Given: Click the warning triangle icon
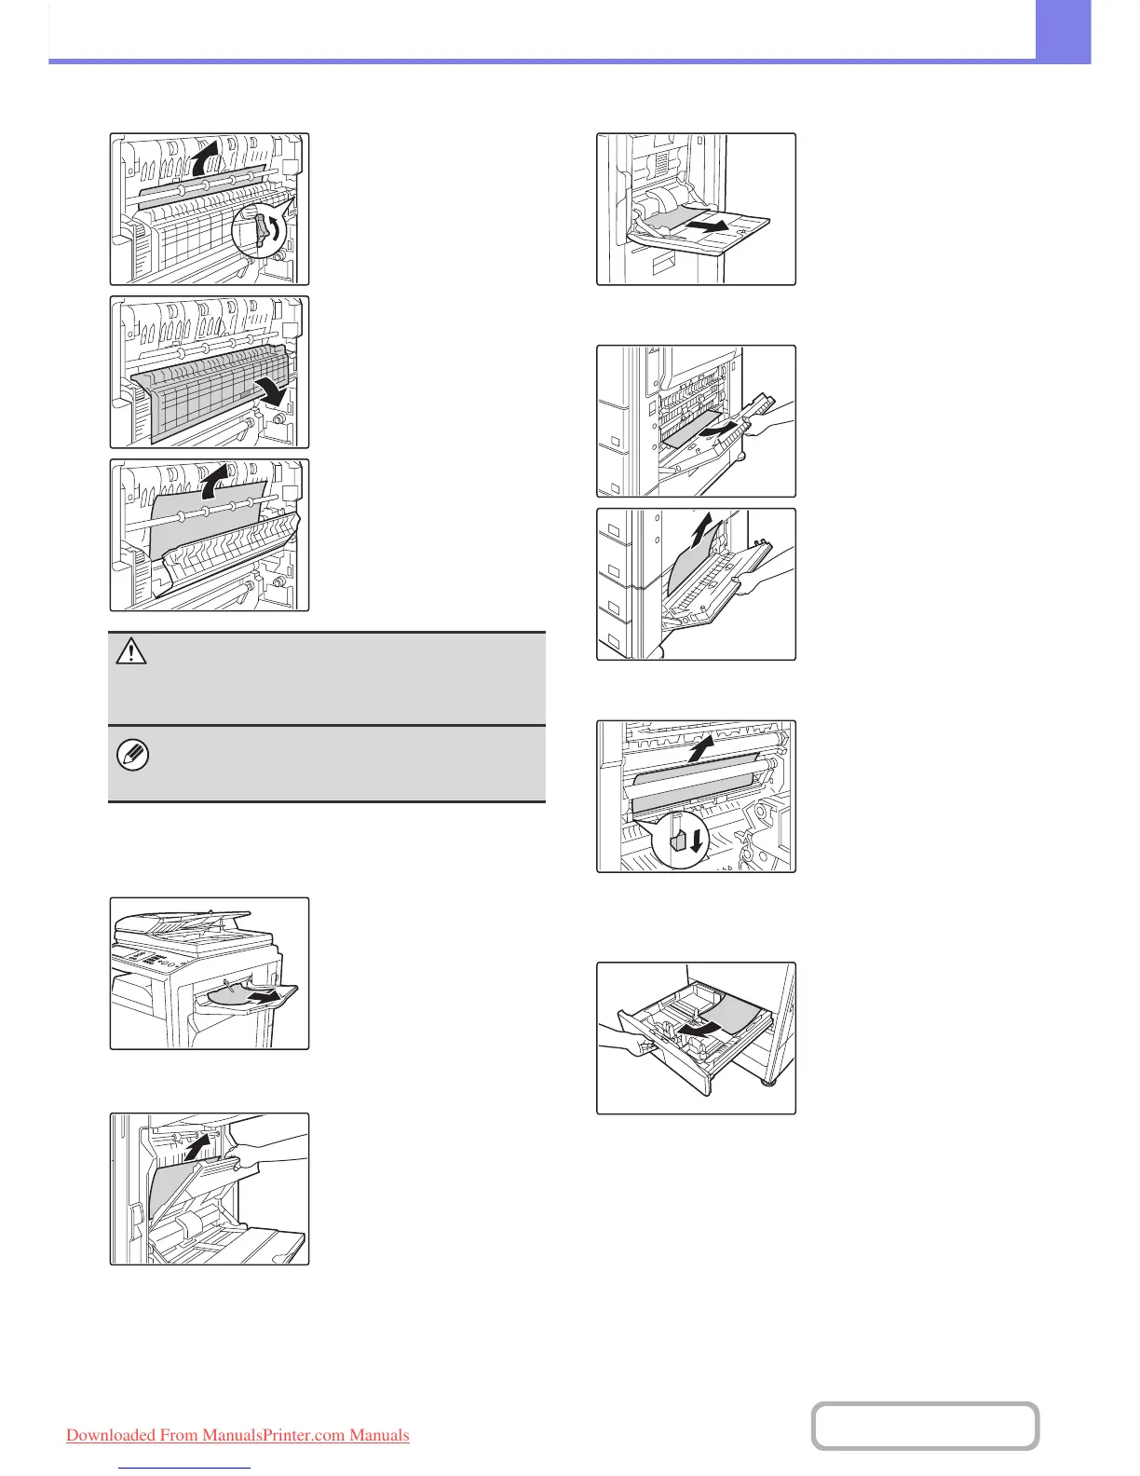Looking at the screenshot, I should (x=131, y=651).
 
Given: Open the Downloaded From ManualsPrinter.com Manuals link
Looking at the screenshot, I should (x=237, y=1435).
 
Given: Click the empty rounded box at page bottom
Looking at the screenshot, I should (x=925, y=1426).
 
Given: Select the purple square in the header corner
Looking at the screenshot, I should (x=1063, y=31).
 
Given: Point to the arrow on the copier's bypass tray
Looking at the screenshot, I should (x=266, y=996).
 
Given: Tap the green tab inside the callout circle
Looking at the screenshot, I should (x=678, y=840).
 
